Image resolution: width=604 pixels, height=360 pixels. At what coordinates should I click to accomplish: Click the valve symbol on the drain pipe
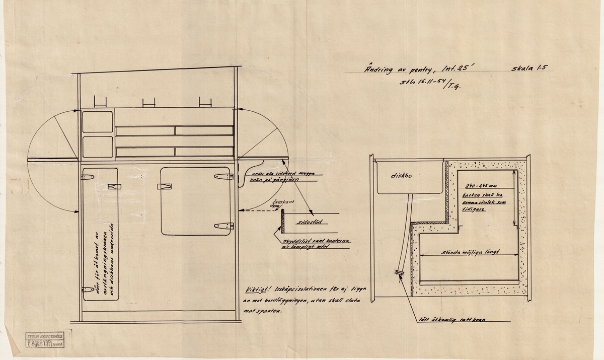(x=398, y=273)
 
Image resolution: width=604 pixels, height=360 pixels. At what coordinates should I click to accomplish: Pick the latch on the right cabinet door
(x=164, y=187)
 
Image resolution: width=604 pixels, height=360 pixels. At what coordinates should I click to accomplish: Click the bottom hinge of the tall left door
(x=88, y=290)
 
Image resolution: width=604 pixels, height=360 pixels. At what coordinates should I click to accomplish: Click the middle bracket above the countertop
(x=149, y=102)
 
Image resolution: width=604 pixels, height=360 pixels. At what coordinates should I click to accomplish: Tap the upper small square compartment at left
(x=98, y=122)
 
